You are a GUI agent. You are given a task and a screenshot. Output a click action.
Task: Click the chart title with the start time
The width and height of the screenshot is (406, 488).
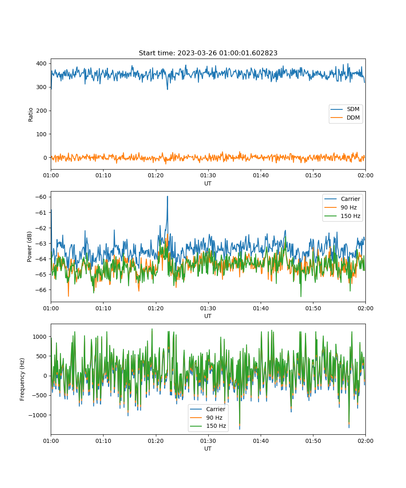208,53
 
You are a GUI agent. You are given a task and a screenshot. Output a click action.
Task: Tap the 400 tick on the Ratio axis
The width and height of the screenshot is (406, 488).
41,63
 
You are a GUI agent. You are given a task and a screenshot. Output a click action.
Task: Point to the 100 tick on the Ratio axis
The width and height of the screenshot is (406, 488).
41,134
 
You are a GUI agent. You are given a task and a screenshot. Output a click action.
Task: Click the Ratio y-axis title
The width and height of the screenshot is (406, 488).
30,115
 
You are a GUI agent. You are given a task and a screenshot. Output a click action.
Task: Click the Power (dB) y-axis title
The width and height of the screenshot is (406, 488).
29,247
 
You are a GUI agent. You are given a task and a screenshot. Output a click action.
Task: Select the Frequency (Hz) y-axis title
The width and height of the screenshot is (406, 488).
22,379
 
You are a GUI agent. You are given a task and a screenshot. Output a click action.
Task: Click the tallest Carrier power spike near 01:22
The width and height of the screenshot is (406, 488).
167,196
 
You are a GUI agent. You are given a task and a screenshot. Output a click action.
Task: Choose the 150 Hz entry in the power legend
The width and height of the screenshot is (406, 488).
342,216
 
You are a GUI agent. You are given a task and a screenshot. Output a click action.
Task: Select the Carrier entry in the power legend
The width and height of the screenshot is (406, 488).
342,199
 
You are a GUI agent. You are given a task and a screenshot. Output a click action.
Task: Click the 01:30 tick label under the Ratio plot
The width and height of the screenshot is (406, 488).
208,175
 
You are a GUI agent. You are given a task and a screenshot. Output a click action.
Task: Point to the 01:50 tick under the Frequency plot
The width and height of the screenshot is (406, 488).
313,441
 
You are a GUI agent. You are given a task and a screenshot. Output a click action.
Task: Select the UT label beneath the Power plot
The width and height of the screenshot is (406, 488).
208,316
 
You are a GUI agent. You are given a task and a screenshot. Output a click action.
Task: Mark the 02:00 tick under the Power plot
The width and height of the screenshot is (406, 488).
365,308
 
